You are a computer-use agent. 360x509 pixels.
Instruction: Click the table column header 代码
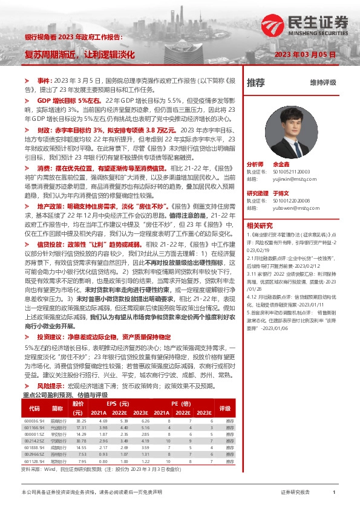click(34, 391)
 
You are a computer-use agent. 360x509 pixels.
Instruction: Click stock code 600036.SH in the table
click(34, 404)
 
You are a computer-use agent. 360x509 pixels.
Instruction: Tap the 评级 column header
click(225, 391)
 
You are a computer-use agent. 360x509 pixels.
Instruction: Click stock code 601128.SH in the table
click(34, 460)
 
